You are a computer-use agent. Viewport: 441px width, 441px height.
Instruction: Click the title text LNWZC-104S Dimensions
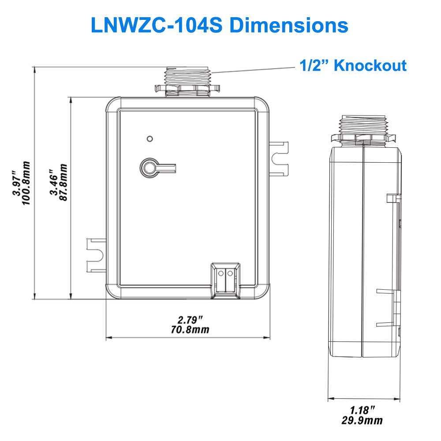point(219,25)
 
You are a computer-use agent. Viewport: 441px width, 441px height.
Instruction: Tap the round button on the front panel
point(148,168)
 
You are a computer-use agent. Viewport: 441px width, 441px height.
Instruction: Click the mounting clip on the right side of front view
point(279,157)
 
